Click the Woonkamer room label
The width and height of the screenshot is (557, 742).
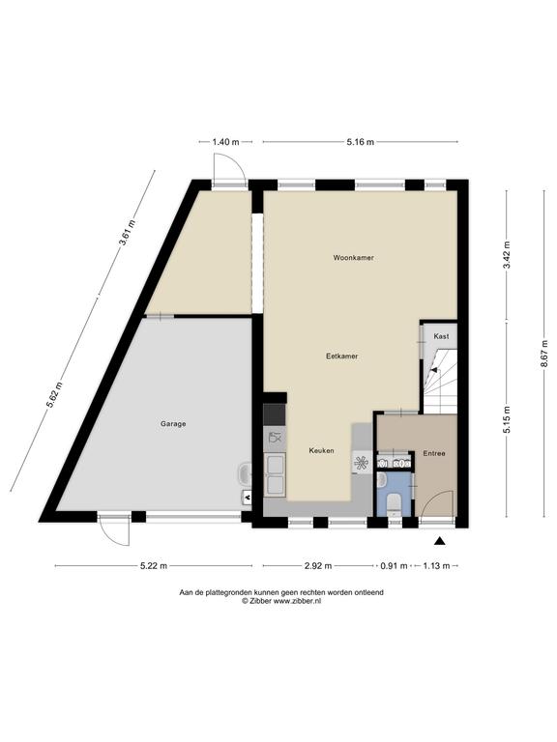[x=353, y=258]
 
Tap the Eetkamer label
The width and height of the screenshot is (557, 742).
[x=342, y=356]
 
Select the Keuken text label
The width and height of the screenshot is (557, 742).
[x=322, y=450]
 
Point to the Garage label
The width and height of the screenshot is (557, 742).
[x=173, y=424]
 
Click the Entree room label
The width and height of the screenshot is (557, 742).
[x=434, y=453]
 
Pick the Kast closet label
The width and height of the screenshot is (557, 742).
[x=441, y=336]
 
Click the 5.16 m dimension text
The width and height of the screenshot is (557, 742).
[x=361, y=142]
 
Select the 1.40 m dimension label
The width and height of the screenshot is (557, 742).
[x=225, y=142]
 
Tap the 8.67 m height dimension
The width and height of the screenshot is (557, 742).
[x=544, y=354]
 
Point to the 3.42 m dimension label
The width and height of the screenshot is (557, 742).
[x=508, y=255]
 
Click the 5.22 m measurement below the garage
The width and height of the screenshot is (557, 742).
[x=154, y=565]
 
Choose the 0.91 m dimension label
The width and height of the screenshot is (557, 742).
[x=395, y=565]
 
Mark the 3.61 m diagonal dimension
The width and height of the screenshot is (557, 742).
[x=128, y=233]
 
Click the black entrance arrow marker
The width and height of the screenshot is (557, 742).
[x=440, y=541]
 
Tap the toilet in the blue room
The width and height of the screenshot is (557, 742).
[x=394, y=503]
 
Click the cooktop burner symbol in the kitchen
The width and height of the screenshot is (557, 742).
[x=361, y=463]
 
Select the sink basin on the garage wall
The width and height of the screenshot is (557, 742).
[x=245, y=473]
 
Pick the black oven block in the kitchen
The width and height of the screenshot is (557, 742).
[x=275, y=415]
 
